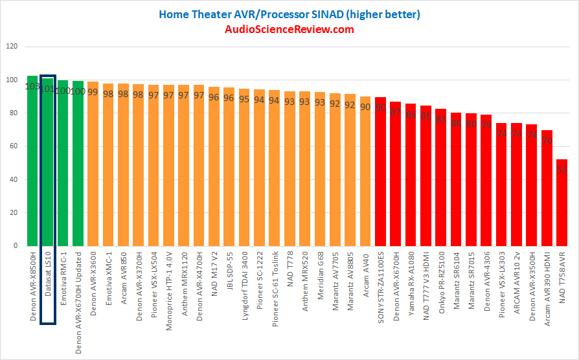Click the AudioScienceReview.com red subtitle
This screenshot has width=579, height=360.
click(289, 29)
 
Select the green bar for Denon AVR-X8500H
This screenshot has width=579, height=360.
click(32, 162)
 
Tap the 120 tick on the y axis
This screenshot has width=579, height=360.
click(12, 47)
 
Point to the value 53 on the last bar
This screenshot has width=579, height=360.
click(562, 170)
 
